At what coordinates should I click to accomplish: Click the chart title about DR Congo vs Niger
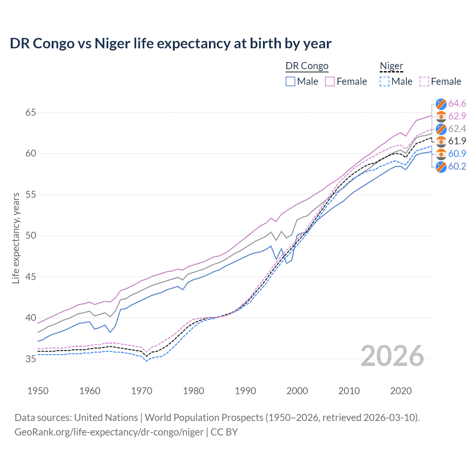(170, 44)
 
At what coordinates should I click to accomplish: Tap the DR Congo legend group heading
(307, 66)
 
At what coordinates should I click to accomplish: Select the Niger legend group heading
(391, 66)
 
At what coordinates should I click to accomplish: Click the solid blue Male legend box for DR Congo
(290, 81)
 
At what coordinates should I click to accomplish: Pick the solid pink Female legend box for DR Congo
(330, 81)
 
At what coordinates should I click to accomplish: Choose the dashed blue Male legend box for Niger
(385, 81)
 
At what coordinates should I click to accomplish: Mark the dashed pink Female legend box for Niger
(424, 81)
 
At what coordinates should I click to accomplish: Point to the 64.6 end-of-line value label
(457, 103)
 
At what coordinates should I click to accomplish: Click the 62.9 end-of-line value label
(457, 116)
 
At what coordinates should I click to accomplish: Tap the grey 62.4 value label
(457, 129)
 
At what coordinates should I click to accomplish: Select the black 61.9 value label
(457, 141)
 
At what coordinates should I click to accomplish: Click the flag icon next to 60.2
(441, 167)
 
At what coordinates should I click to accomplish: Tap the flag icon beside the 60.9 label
(441, 154)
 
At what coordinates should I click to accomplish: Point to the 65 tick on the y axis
(30, 112)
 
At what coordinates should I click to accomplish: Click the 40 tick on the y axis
(30, 318)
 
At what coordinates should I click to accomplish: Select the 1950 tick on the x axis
(38, 391)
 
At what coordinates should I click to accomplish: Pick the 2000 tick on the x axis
(297, 391)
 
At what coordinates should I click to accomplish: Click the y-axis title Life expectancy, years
(16, 238)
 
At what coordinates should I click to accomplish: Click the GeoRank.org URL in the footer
(109, 432)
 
